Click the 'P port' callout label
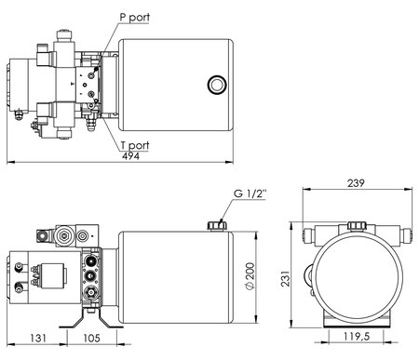[x=135, y=18]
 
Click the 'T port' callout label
[x=135, y=145]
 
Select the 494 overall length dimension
[x=130, y=156]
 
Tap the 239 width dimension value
[x=356, y=183]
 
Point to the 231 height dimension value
[x=285, y=278]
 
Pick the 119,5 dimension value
[x=357, y=336]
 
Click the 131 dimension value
[x=38, y=338]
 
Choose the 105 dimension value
[x=92, y=338]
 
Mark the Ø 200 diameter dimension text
[x=250, y=276]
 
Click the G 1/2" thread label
[x=250, y=193]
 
